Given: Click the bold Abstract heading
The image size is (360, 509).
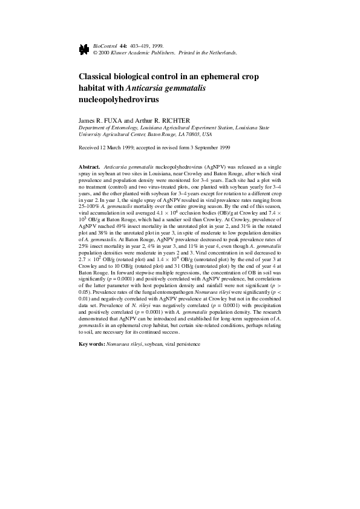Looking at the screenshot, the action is pos(90,166).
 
